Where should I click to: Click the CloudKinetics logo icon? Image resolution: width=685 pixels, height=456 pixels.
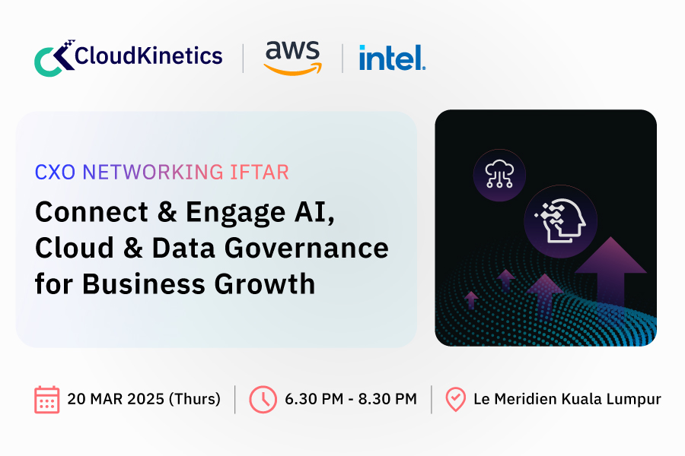coord(55,58)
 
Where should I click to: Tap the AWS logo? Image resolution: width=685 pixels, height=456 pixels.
coord(293,58)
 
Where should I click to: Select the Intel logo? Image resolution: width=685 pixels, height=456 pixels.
coord(392,58)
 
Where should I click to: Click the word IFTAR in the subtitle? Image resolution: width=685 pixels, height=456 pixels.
coord(260,172)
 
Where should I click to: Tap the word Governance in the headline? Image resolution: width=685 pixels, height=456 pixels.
coord(307,249)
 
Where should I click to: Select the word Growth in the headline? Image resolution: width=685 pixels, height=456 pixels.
coord(265,284)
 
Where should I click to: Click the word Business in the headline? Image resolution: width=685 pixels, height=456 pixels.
coord(144,284)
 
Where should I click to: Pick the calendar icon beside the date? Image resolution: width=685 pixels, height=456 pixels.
coord(46,399)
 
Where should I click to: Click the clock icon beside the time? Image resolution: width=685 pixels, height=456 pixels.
coord(263,399)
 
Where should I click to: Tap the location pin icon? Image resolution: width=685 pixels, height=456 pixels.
coord(456,399)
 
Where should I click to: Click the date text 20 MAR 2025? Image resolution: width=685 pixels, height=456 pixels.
coord(116,399)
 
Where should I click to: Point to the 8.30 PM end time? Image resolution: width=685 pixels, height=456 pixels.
coord(387,399)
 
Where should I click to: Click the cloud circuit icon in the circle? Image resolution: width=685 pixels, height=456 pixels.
coord(499,175)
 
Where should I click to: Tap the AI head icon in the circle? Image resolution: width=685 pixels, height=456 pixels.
coord(560,221)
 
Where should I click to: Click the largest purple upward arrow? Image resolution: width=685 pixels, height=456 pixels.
coord(610,271)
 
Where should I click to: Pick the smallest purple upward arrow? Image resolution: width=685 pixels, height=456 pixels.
coord(471,299)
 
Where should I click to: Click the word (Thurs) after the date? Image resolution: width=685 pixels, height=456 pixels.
coord(195,399)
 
